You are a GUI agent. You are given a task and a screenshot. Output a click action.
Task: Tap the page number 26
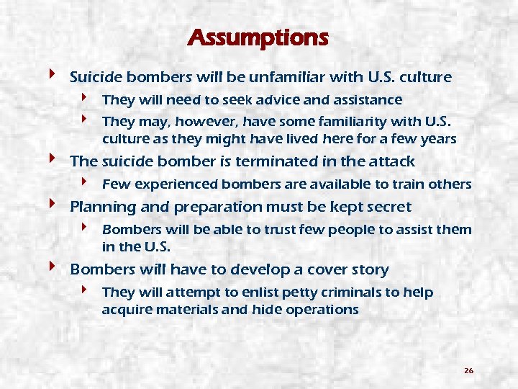(x=468, y=370)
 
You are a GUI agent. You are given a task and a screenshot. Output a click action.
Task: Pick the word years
(x=436, y=138)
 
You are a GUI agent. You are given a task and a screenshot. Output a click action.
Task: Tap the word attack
(x=393, y=161)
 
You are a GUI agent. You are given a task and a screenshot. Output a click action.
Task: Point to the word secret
(x=387, y=207)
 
